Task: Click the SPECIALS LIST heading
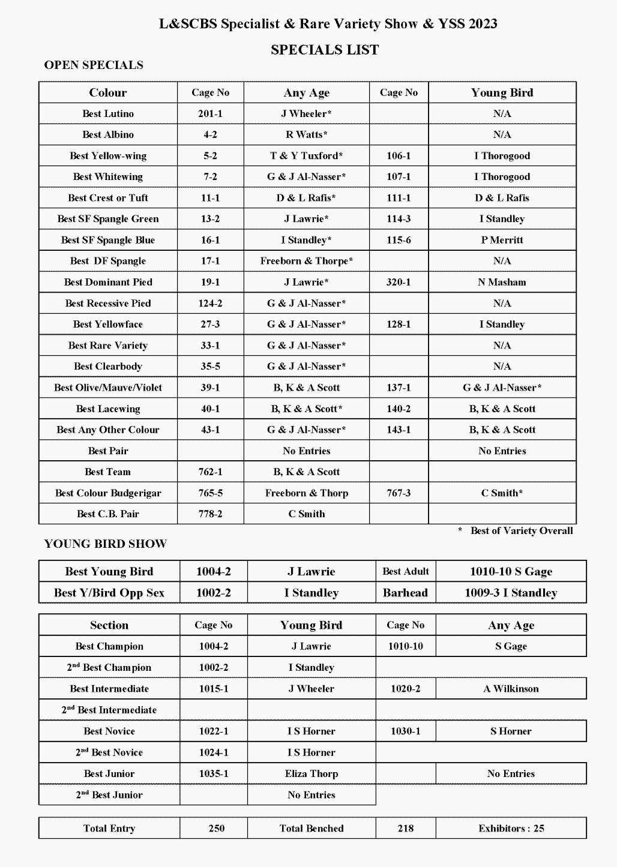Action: coord(325,50)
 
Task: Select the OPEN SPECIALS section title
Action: coord(94,65)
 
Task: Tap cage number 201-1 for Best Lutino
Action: coord(210,113)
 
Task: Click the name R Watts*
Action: coord(306,134)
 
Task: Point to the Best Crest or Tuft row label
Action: coord(108,198)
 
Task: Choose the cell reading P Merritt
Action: coord(502,240)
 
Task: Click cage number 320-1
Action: coord(399,282)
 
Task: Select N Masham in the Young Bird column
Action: coord(502,282)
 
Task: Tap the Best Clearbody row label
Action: coord(108,367)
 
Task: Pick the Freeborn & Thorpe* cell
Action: coord(306,261)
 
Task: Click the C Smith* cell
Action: coord(502,493)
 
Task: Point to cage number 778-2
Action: coord(210,514)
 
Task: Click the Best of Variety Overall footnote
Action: coord(521,531)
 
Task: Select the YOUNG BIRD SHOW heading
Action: coord(106,544)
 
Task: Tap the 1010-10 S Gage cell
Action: coord(511,572)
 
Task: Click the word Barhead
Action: coord(405,593)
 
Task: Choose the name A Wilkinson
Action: coord(511,689)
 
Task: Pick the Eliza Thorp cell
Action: coord(312,774)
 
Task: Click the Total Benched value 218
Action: coord(405,829)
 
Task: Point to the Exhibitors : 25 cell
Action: coord(511,829)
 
